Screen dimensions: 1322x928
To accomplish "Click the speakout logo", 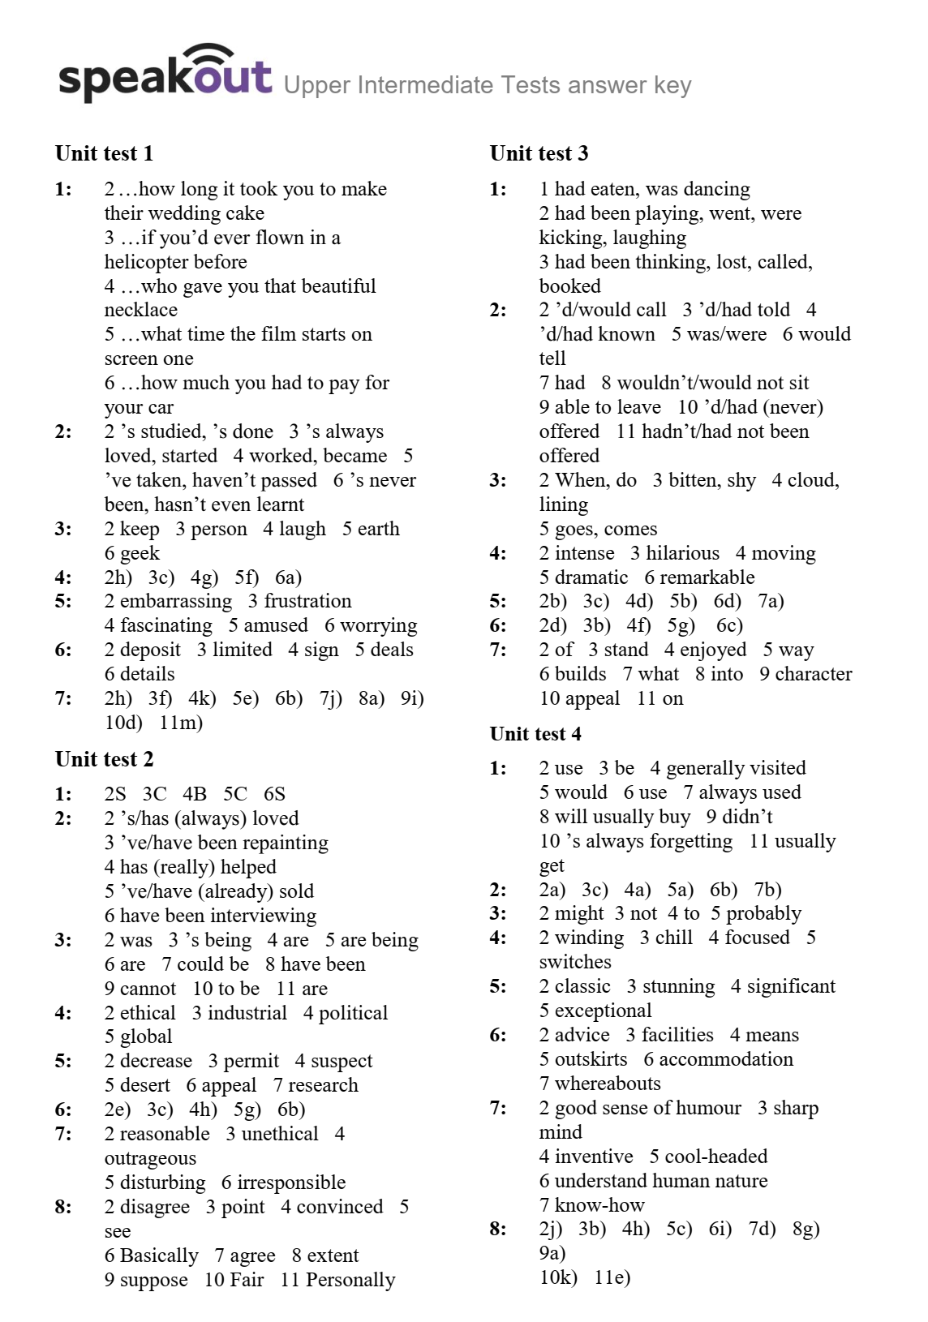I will pos(165,75).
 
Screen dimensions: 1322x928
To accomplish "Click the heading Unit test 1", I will pos(104,153).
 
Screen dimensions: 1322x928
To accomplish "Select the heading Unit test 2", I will pos(104,759).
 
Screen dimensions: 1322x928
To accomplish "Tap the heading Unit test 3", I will pos(539,153).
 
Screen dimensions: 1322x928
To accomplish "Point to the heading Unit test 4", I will pos(535,734).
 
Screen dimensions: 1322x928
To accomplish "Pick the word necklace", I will pos(140,310).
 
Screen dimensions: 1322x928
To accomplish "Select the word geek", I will pos(140,553).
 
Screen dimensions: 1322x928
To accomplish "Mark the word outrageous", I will pos(150,1158).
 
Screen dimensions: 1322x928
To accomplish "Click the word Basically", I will pos(158,1255).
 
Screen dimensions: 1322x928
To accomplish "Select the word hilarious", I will pos(682,553).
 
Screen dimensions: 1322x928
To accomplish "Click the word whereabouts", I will pos(608,1084).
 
